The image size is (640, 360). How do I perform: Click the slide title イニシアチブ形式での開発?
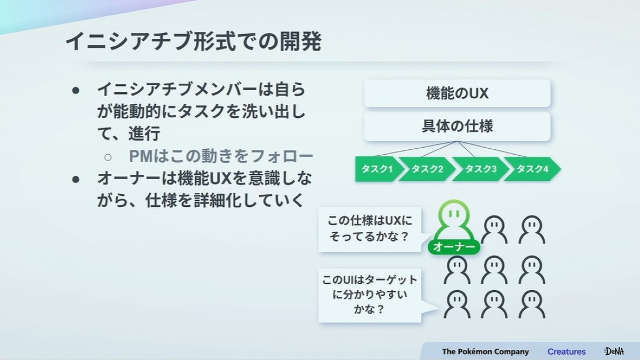coord(194,42)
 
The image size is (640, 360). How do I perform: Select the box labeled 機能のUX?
coord(457,93)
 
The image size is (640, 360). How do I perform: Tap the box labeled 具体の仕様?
coord(457,126)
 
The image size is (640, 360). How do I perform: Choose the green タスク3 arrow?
coord(480,169)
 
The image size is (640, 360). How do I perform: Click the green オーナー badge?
coord(454,247)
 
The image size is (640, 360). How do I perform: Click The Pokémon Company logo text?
coord(485,351)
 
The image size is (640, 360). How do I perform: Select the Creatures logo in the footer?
coord(566,351)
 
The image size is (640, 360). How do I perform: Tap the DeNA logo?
coord(614,351)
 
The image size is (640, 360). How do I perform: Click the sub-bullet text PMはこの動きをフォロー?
coord(221,156)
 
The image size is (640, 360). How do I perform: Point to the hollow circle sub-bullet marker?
coord(108,157)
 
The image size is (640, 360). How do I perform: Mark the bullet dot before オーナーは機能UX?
coord(76,179)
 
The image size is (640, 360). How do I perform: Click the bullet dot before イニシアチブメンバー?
coord(76,91)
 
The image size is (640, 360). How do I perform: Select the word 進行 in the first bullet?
coord(144,133)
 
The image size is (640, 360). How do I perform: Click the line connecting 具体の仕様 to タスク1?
coord(415,149)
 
